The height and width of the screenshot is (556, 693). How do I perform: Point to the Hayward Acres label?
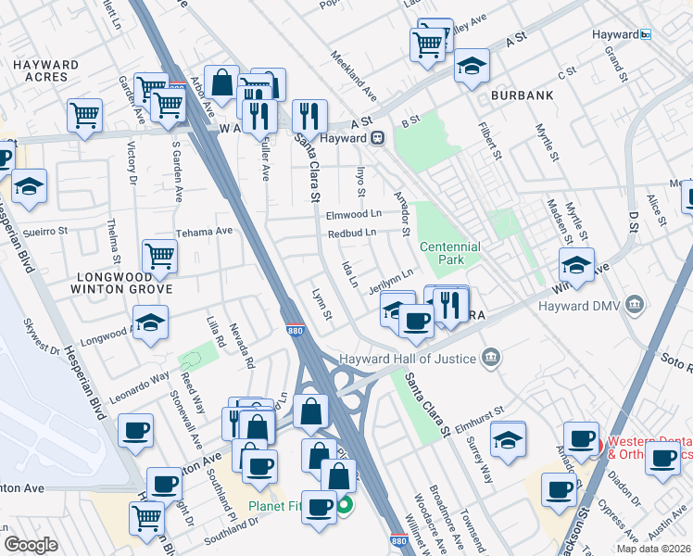[x=45, y=70]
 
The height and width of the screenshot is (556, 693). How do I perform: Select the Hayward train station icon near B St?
[x=378, y=138]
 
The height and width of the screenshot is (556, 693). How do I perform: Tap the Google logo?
[x=31, y=545]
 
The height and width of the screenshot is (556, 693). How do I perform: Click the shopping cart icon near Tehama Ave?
[x=160, y=257]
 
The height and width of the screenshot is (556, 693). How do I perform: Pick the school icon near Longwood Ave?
[x=149, y=323]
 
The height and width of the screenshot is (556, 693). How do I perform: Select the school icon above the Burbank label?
[x=472, y=66]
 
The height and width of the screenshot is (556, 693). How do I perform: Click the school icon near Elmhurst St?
[x=508, y=438]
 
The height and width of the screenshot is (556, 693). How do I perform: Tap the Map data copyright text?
[x=653, y=548]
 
